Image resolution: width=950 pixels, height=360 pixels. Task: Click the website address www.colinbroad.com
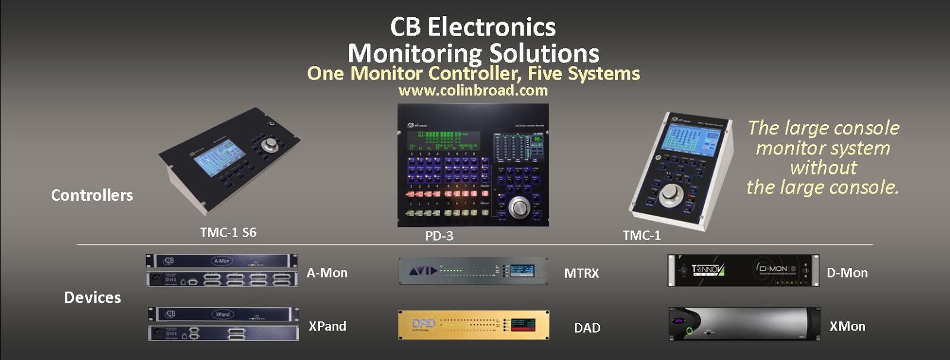(x=473, y=90)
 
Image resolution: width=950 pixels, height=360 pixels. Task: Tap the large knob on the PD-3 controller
(x=520, y=207)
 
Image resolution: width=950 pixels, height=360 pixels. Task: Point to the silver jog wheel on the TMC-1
(x=672, y=193)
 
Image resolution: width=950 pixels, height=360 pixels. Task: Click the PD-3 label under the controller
(x=439, y=236)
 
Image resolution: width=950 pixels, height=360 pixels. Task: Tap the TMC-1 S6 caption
(x=228, y=232)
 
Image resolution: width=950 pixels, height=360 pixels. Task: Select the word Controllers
(x=92, y=195)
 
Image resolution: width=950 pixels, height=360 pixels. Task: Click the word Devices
(x=92, y=298)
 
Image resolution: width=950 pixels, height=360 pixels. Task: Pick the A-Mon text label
(x=327, y=273)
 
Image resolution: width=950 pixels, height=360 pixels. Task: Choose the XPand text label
(x=327, y=326)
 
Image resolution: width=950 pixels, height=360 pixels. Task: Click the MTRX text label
(x=581, y=274)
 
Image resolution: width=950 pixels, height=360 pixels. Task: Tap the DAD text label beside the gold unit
(x=587, y=328)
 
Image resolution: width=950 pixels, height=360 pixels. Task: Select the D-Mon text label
(x=847, y=273)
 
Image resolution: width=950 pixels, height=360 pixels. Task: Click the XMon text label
(x=847, y=326)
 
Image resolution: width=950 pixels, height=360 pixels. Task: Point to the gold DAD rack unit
(x=473, y=325)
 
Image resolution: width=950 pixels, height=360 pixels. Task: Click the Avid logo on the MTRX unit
(x=423, y=271)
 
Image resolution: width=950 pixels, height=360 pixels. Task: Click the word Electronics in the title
(x=491, y=27)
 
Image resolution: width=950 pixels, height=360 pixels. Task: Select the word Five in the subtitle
(x=536, y=74)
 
